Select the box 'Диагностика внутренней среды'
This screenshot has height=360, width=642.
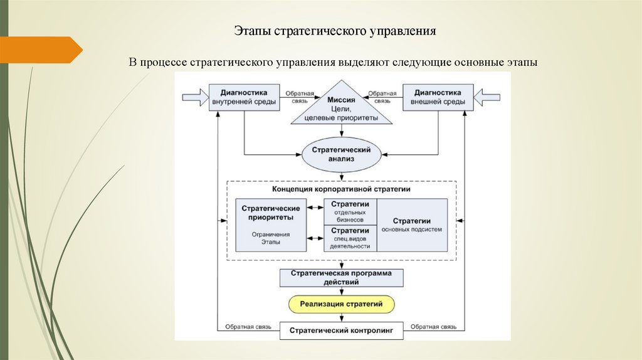click(243, 97)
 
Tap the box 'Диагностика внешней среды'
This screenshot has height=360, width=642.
click(437, 97)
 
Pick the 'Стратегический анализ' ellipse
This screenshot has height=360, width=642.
click(341, 154)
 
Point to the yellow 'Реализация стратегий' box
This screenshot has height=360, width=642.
click(341, 305)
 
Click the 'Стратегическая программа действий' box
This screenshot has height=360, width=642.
click(341, 278)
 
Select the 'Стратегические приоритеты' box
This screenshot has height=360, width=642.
click(270, 224)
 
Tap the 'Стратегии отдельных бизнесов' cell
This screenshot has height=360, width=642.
click(350, 212)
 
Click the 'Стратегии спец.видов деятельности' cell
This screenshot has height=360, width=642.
click(350, 238)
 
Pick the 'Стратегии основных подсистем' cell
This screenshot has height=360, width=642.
click(411, 225)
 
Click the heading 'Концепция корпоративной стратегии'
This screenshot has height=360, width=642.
click(341, 189)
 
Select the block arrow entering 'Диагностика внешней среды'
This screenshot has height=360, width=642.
click(487, 97)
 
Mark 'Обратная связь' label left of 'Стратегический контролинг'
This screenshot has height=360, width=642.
click(246, 326)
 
